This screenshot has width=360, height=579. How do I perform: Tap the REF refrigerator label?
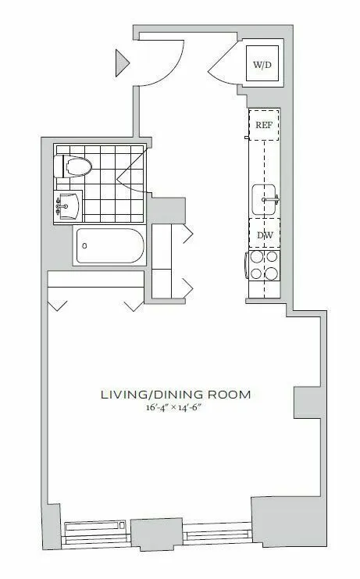(x=263, y=123)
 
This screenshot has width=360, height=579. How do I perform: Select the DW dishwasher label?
(x=263, y=234)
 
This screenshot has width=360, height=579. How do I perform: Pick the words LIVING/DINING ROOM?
(x=175, y=395)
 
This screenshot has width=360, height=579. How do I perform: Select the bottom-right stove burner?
(x=272, y=273)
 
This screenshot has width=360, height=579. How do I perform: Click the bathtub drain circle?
(x=84, y=246)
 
